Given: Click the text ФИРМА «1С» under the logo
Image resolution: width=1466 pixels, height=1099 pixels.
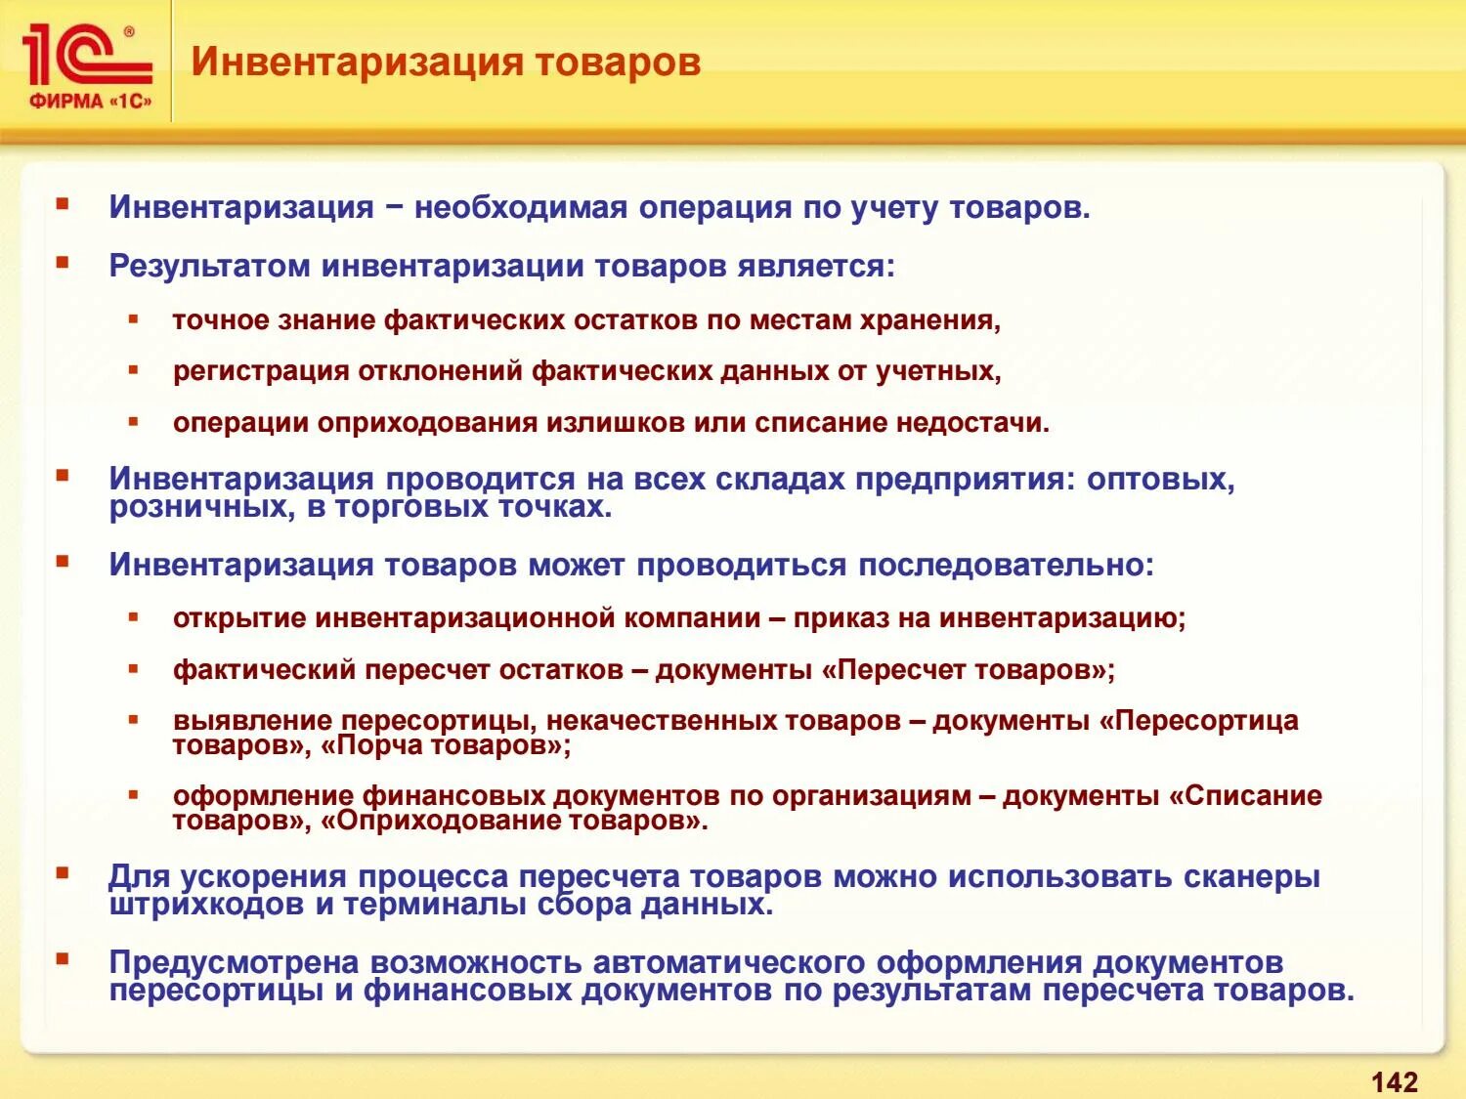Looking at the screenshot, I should (x=90, y=101).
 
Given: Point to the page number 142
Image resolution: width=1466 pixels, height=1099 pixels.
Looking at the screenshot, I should (x=1394, y=1081).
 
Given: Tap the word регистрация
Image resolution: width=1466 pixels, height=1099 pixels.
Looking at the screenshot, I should (x=260, y=371).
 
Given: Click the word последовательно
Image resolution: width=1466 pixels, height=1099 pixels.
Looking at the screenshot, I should (x=1006, y=565).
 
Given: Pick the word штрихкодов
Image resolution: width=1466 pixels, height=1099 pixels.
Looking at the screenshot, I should (x=206, y=905).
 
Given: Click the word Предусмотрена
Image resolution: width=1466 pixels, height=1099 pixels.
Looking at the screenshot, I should (x=234, y=962).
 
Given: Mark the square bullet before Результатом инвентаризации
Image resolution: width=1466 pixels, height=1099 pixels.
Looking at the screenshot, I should (x=63, y=263).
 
